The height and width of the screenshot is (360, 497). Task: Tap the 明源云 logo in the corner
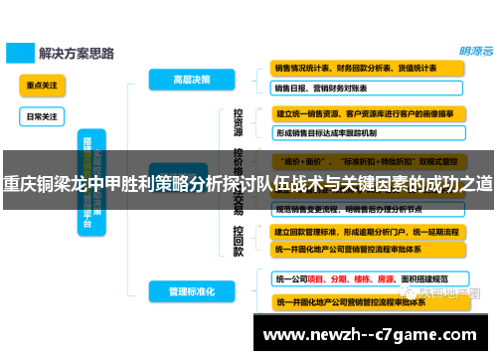pyautogui.click(x=465, y=53)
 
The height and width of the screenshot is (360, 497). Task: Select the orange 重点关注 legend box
pyautogui.click(x=42, y=87)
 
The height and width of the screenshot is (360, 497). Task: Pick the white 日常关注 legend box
pyautogui.click(x=42, y=115)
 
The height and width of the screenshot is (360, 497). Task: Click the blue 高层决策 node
pyautogui.click(x=180, y=78)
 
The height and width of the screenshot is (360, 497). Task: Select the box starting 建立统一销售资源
pyautogui.click(x=369, y=113)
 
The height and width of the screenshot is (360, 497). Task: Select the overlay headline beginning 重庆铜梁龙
pyautogui.click(x=248, y=185)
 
